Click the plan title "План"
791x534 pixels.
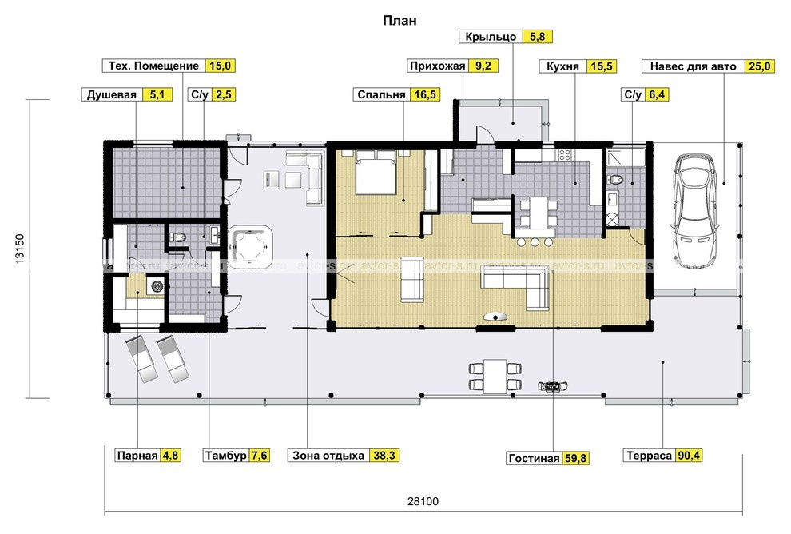pyautogui.click(x=399, y=21)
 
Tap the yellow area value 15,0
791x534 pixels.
pyautogui.click(x=220, y=66)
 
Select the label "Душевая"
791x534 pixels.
pyautogui.click(x=112, y=95)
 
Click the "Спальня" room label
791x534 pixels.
pyautogui.click(x=381, y=95)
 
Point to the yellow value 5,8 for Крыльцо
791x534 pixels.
pyautogui.click(x=538, y=37)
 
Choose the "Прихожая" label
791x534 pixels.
pyautogui.click(x=437, y=66)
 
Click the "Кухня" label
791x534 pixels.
pyautogui.click(x=563, y=66)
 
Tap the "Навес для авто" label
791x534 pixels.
pyautogui.click(x=694, y=66)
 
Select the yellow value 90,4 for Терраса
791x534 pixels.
pyautogui.click(x=689, y=456)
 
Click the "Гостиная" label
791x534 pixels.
pyautogui.click(x=535, y=458)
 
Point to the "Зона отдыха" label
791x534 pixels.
pyautogui.click(x=328, y=456)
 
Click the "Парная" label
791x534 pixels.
pyautogui.click(x=137, y=456)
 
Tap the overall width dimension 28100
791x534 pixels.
pyautogui.click(x=423, y=502)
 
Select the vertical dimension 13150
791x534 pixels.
pyautogui.click(x=20, y=249)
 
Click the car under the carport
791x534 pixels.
pyautogui.click(x=694, y=210)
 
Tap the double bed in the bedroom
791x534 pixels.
pyautogui.click(x=376, y=173)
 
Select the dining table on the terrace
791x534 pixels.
pyautogui.click(x=495, y=377)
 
